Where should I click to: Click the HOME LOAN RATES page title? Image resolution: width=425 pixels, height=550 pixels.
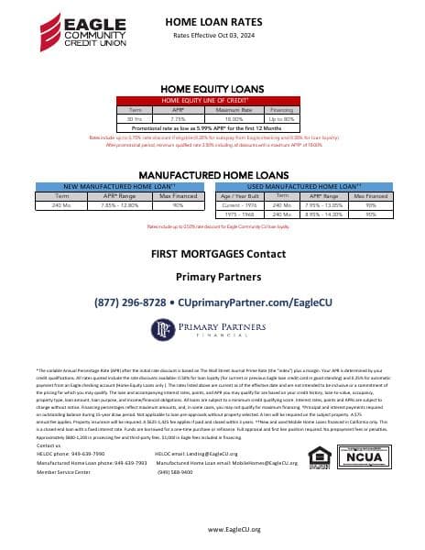pyautogui.click(x=212, y=20)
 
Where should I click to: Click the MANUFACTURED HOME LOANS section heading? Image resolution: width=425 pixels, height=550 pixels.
pyautogui.click(x=212, y=173)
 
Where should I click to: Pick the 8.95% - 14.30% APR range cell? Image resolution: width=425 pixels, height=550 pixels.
pyautogui.click(x=325, y=214)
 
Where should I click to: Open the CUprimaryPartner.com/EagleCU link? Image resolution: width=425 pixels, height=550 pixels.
pyautogui.click(x=256, y=302)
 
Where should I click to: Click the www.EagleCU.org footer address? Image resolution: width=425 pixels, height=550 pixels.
pyautogui.click(x=212, y=529)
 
